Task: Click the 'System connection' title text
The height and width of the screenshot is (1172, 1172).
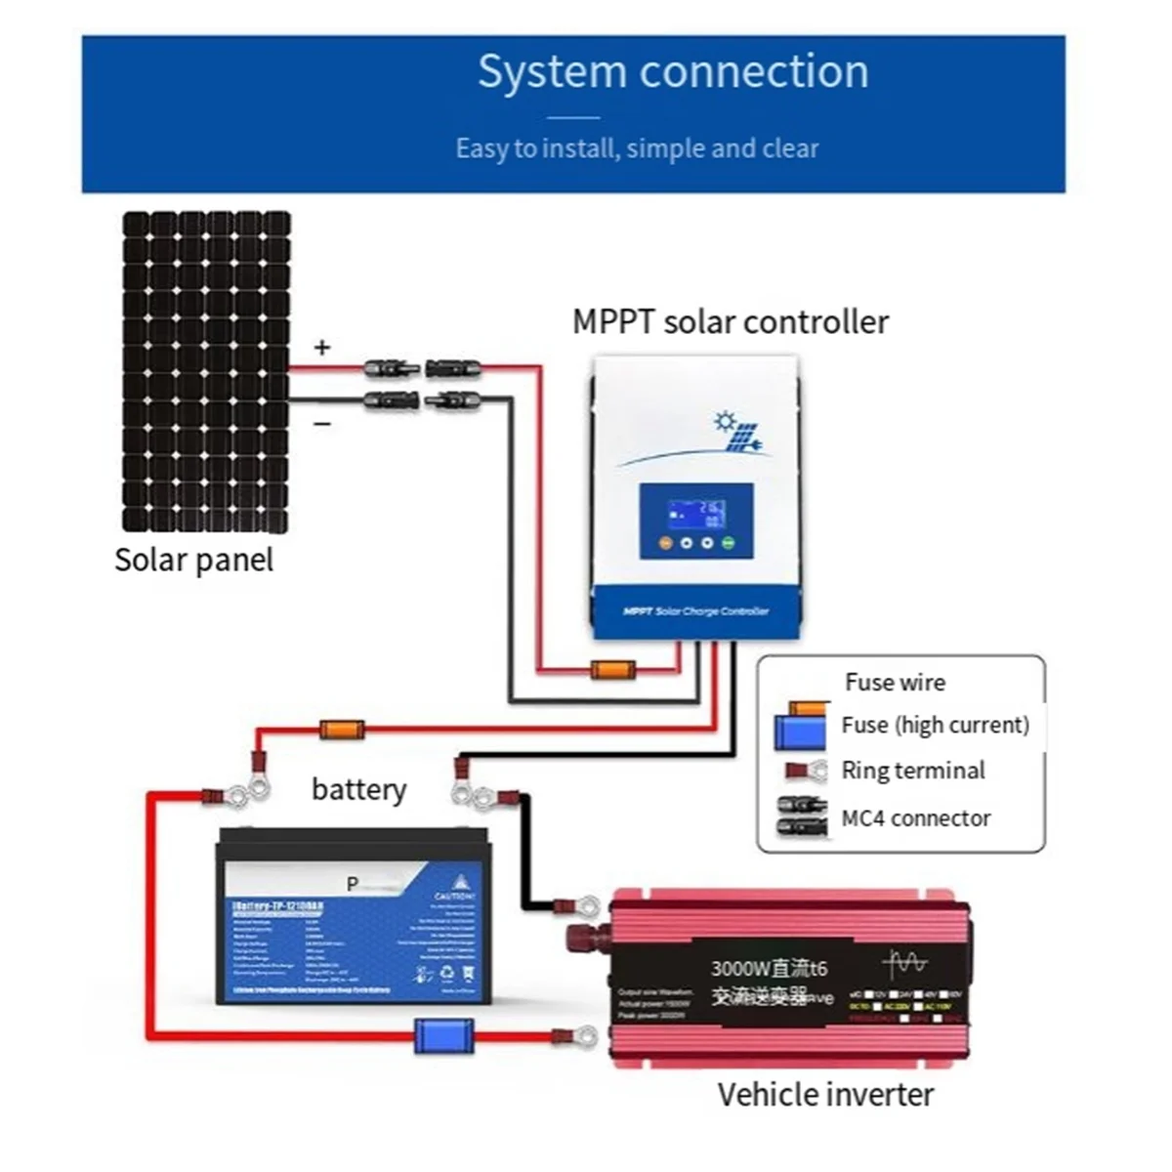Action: pos(673,72)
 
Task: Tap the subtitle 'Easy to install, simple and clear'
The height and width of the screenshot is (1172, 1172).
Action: pos(637,148)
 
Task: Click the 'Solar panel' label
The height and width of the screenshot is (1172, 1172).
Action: pos(193,560)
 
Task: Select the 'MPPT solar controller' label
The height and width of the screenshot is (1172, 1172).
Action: pos(731,321)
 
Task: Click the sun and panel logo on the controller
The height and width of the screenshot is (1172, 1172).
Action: pos(737,433)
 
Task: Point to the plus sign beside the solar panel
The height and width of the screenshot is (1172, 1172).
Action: pos(322,348)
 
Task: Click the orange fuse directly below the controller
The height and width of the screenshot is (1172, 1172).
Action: pos(613,670)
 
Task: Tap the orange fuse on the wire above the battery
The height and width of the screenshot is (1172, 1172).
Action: pos(342,729)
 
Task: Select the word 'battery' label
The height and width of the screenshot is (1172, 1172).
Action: pos(358,789)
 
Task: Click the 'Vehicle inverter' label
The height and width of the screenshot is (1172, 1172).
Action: pos(825,1095)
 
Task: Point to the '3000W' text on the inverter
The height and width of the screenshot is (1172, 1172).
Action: pos(739,968)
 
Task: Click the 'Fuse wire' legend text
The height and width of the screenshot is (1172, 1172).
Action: pos(895,682)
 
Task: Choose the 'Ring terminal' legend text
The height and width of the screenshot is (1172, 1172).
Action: pos(912,771)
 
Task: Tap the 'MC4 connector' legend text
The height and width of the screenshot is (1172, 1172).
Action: pos(915,818)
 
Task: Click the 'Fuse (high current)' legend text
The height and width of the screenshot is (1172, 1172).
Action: pos(935,725)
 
